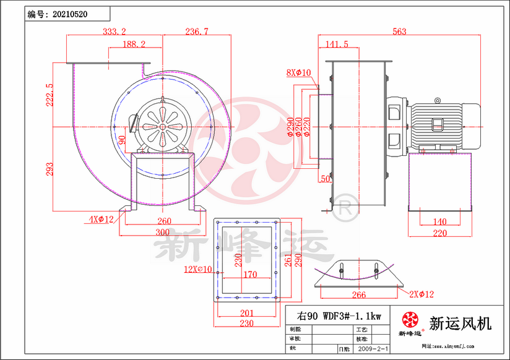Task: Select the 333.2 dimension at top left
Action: pos(114,31)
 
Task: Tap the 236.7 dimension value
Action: pos(196,31)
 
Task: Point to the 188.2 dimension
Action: pos(134,45)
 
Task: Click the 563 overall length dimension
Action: pos(399,31)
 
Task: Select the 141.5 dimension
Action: pos(337,45)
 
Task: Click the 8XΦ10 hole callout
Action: pos(298,72)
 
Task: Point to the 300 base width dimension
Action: pos(162,233)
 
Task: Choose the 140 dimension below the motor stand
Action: pos(439,222)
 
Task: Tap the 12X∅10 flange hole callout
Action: pos(197,269)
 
